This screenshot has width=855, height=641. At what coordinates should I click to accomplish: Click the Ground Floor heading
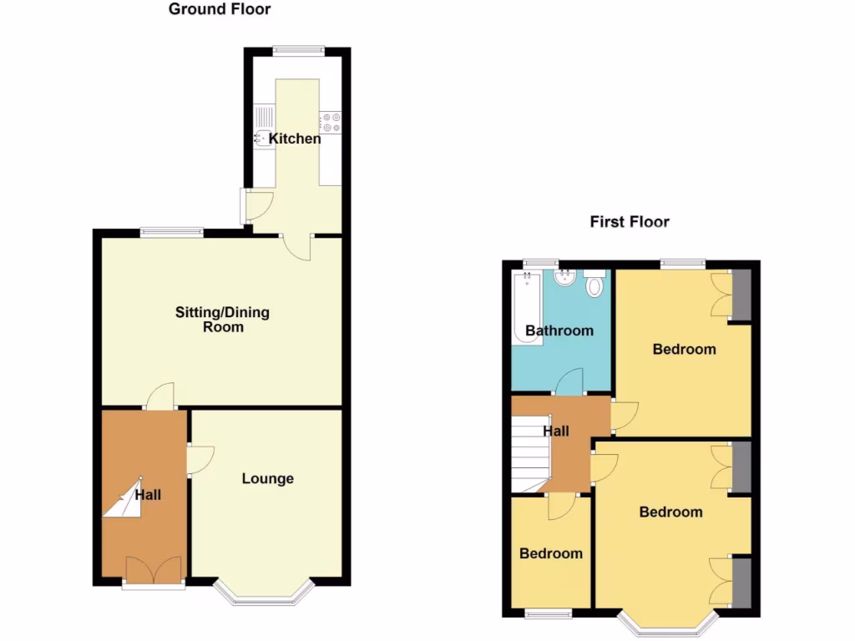point(220,9)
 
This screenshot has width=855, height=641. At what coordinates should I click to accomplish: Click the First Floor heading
point(630,221)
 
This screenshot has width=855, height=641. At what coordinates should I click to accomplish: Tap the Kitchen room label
point(294,139)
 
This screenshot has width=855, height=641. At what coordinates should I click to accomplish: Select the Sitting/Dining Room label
point(222,320)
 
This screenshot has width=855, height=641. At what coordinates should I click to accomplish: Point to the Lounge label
point(267,478)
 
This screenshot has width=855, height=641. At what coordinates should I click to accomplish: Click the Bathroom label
point(559,331)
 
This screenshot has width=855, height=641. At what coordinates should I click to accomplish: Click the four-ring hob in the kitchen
point(331,122)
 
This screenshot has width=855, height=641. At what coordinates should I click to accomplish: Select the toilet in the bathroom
point(594,285)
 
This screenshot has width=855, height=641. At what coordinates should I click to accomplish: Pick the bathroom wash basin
point(564,279)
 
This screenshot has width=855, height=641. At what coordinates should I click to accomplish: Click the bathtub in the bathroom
point(525,309)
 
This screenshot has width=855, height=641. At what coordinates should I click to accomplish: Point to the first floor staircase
point(528,455)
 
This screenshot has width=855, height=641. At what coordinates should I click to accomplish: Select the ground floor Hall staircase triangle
point(122,500)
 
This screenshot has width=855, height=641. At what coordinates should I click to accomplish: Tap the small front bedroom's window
point(549,613)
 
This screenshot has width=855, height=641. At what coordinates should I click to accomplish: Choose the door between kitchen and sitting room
point(295,244)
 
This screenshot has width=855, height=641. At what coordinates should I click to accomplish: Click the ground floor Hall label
point(148,495)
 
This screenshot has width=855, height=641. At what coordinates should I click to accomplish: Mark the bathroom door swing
point(570,381)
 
